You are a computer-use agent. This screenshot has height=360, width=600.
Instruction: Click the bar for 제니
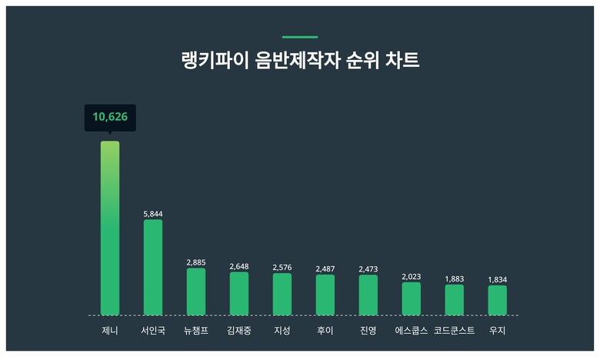(110, 228)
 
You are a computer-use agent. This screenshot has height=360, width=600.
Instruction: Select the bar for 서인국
(153, 267)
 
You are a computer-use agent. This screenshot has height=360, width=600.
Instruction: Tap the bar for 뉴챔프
(196, 292)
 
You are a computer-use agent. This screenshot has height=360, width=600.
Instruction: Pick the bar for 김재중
(239, 293)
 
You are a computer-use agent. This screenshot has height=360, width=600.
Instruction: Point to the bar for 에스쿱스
(412, 298)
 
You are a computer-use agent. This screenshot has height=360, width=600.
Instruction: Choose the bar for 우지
(498, 300)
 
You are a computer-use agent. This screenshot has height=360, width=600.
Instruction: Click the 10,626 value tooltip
(110, 117)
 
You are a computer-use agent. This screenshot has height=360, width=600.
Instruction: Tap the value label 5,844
(153, 214)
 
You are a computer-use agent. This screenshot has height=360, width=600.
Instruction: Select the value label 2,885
(196, 262)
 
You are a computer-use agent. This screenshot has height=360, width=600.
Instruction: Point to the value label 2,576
(282, 267)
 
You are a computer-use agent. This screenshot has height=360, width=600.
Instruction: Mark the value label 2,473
(368, 268)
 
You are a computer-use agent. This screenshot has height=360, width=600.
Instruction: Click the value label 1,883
(455, 278)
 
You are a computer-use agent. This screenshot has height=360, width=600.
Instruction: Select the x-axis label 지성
(282, 331)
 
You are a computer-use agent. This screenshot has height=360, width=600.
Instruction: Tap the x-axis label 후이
(325, 331)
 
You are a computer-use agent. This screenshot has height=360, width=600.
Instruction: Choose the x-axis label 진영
(368, 331)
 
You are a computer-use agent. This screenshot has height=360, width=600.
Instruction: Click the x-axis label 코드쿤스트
(455, 331)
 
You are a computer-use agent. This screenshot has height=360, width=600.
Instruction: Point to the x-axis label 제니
(110, 331)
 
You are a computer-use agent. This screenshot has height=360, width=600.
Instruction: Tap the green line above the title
(300, 36)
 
